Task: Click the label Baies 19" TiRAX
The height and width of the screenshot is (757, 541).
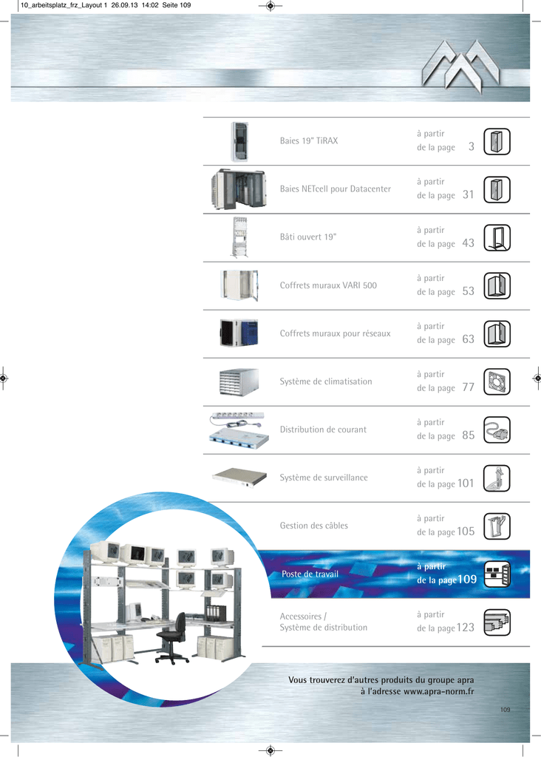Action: (309, 141)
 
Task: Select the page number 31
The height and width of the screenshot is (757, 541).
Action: (468, 194)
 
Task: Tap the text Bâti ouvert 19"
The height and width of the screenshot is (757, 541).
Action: (308, 237)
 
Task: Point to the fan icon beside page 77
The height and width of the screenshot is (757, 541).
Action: (497, 382)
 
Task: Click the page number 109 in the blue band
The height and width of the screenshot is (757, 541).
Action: (466, 580)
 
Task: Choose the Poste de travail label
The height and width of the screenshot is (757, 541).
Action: (310, 574)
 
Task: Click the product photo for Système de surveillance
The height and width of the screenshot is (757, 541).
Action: (239, 477)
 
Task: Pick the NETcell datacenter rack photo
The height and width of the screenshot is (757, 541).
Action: (239, 189)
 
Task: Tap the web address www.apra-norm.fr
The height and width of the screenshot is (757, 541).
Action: (439, 691)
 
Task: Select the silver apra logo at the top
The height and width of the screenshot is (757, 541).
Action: (460, 66)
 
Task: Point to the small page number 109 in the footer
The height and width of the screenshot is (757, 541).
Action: (506, 710)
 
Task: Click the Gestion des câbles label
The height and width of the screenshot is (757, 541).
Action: (313, 526)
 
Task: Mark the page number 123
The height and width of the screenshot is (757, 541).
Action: (465, 628)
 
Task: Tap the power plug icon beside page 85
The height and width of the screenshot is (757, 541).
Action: (497, 430)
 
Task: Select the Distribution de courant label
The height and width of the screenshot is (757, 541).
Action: (323, 430)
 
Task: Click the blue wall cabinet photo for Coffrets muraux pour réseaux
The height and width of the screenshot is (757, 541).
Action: (239, 333)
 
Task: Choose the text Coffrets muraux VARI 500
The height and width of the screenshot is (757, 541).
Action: (328, 285)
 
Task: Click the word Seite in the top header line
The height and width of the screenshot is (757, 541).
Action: (170, 5)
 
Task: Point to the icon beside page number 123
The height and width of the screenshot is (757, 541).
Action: (497, 622)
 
